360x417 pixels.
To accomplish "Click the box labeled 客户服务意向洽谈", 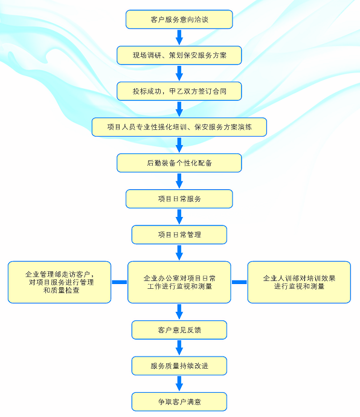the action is [179, 19].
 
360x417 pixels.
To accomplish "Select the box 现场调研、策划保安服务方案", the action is [179, 56].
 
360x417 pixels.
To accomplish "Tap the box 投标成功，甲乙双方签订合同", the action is [179, 91].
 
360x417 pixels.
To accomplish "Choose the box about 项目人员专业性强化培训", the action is [179, 127].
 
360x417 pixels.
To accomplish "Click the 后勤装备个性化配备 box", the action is [179, 163].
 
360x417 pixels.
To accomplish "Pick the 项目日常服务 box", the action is [179, 199].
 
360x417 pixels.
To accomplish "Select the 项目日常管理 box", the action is [179, 235].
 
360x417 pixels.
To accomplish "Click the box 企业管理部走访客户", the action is [60, 282].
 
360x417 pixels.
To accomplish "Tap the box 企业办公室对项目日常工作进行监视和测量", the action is [179, 282].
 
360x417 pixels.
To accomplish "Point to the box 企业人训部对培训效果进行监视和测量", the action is [299, 282].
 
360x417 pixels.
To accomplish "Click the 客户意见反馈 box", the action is [179, 330].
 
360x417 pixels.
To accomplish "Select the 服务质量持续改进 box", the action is [179, 366].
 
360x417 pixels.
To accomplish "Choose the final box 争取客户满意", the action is [179, 402].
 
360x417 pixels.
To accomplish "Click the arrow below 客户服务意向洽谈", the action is [179, 37].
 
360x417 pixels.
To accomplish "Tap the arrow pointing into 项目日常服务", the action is [179, 181].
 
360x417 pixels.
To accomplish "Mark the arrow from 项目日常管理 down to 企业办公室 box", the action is [179, 253].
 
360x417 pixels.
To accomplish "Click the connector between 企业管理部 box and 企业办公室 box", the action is [120, 282].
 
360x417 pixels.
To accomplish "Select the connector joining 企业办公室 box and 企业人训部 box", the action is [239, 282].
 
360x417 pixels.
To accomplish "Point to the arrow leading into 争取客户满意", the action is [179, 384].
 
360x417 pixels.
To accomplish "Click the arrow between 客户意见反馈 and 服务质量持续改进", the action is [179, 348].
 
